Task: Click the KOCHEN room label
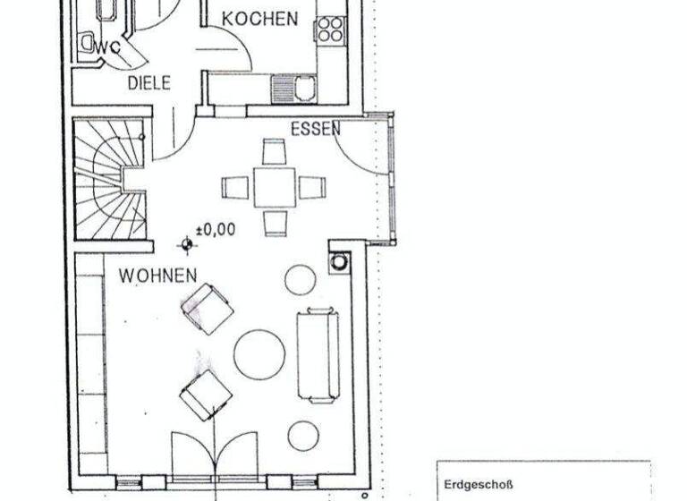tap(259, 19)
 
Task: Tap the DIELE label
tap(148, 83)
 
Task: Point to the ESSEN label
tap(315, 129)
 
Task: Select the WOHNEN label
tap(157, 276)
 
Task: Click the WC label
tap(109, 47)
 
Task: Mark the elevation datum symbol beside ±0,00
tap(187, 242)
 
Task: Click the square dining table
tap(274, 187)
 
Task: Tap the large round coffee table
tap(259, 354)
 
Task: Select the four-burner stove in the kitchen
tap(330, 30)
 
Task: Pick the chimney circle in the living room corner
tap(340, 262)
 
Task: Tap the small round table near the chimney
tap(301, 280)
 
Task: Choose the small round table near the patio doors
tap(303, 436)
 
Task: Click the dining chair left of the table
tap(235, 187)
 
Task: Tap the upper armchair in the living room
tap(207, 308)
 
